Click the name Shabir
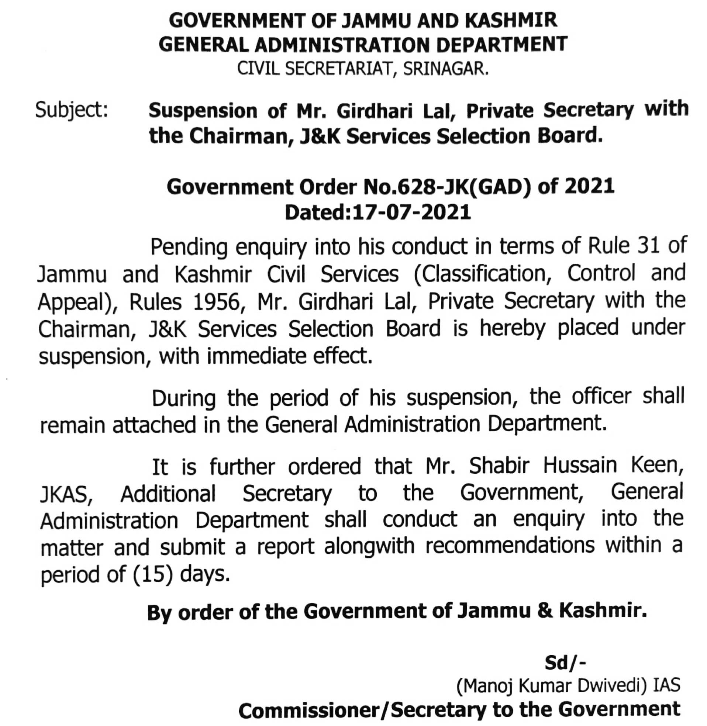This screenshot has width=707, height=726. pos(499,466)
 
